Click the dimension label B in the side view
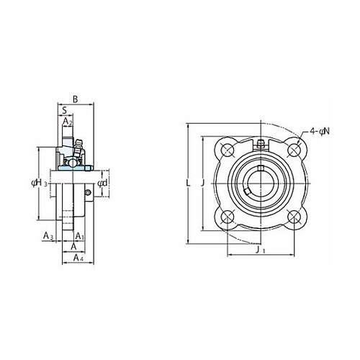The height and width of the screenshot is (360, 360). (x=76, y=99)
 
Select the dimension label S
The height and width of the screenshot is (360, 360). (x=64, y=111)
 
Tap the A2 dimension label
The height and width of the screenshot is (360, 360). (x=68, y=122)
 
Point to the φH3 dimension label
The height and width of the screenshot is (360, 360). (x=40, y=183)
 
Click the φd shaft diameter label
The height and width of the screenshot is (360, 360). (x=102, y=184)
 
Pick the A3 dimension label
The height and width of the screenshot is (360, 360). (x=48, y=236)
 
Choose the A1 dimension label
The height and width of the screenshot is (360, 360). (x=79, y=236)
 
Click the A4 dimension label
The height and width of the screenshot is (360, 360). (x=78, y=258)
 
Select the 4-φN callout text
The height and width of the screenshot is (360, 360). (x=320, y=131)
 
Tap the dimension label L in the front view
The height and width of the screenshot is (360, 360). (x=189, y=184)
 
